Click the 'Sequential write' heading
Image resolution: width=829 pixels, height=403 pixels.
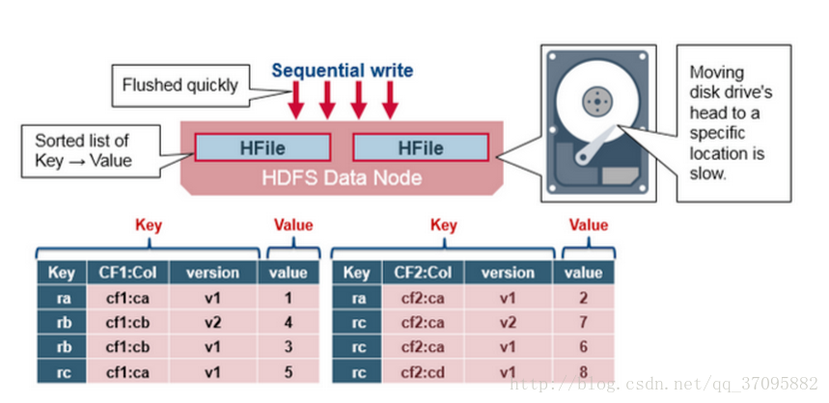[x=342, y=70]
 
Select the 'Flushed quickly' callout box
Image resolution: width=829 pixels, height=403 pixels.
[x=180, y=85]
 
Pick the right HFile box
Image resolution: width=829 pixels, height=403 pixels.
[x=421, y=148]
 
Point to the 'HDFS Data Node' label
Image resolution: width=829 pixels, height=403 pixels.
[x=342, y=178]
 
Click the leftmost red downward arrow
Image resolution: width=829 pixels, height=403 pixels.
[x=295, y=99]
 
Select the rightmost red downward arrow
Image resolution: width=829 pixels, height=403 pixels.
[x=390, y=99]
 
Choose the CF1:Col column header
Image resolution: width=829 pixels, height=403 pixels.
[x=128, y=273]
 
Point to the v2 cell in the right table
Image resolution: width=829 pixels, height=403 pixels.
[x=507, y=321]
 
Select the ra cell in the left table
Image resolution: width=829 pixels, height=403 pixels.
[x=62, y=298]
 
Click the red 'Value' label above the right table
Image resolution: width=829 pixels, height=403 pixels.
[x=588, y=226]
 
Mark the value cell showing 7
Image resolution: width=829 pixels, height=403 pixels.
[x=584, y=321]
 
